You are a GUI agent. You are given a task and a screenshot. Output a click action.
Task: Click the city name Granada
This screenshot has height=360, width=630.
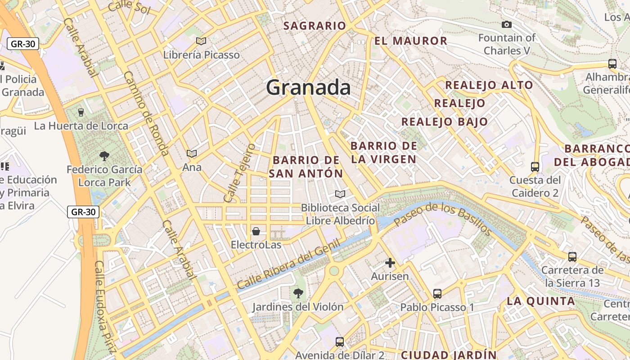click(x=308, y=87)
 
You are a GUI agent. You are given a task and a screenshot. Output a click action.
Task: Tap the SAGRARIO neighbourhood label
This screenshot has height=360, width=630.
click(x=315, y=26)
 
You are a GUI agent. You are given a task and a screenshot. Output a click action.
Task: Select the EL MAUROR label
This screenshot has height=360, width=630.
click(x=411, y=41)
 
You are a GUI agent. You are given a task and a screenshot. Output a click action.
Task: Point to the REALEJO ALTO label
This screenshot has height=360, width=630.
click(x=489, y=85)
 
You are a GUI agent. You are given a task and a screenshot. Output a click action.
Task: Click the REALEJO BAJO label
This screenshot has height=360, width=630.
click(x=445, y=121)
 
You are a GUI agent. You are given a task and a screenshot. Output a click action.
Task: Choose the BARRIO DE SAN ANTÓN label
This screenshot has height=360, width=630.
click(x=306, y=166)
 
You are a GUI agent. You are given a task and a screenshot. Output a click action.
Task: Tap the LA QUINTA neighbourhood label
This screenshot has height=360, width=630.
click(x=541, y=301)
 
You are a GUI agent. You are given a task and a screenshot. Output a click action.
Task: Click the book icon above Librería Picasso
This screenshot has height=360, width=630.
click(x=201, y=41)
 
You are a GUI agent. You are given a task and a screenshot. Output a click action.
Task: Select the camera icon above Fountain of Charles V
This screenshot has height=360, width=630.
click(x=507, y=25)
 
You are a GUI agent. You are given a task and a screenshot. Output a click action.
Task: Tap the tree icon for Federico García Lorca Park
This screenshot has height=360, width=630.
click(x=104, y=156)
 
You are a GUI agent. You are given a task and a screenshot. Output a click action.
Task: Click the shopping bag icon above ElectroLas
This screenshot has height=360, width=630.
click(x=256, y=231)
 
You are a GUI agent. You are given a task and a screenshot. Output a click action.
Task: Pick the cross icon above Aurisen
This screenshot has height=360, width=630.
click(x=390, y=263)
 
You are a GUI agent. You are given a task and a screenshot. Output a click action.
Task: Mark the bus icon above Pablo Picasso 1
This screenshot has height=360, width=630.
click(x=437, y=294)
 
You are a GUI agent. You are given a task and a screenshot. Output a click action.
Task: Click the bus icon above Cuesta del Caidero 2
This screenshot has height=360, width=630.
click(x=535, y=167)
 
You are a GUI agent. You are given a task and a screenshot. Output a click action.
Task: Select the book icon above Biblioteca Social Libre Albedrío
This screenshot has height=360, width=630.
click(x=340, y=194)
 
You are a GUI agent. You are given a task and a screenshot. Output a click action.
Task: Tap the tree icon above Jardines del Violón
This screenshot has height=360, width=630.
click(x=297, y=293)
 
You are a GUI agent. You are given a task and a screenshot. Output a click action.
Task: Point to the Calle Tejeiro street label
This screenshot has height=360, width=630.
click(x=239, y=173)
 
